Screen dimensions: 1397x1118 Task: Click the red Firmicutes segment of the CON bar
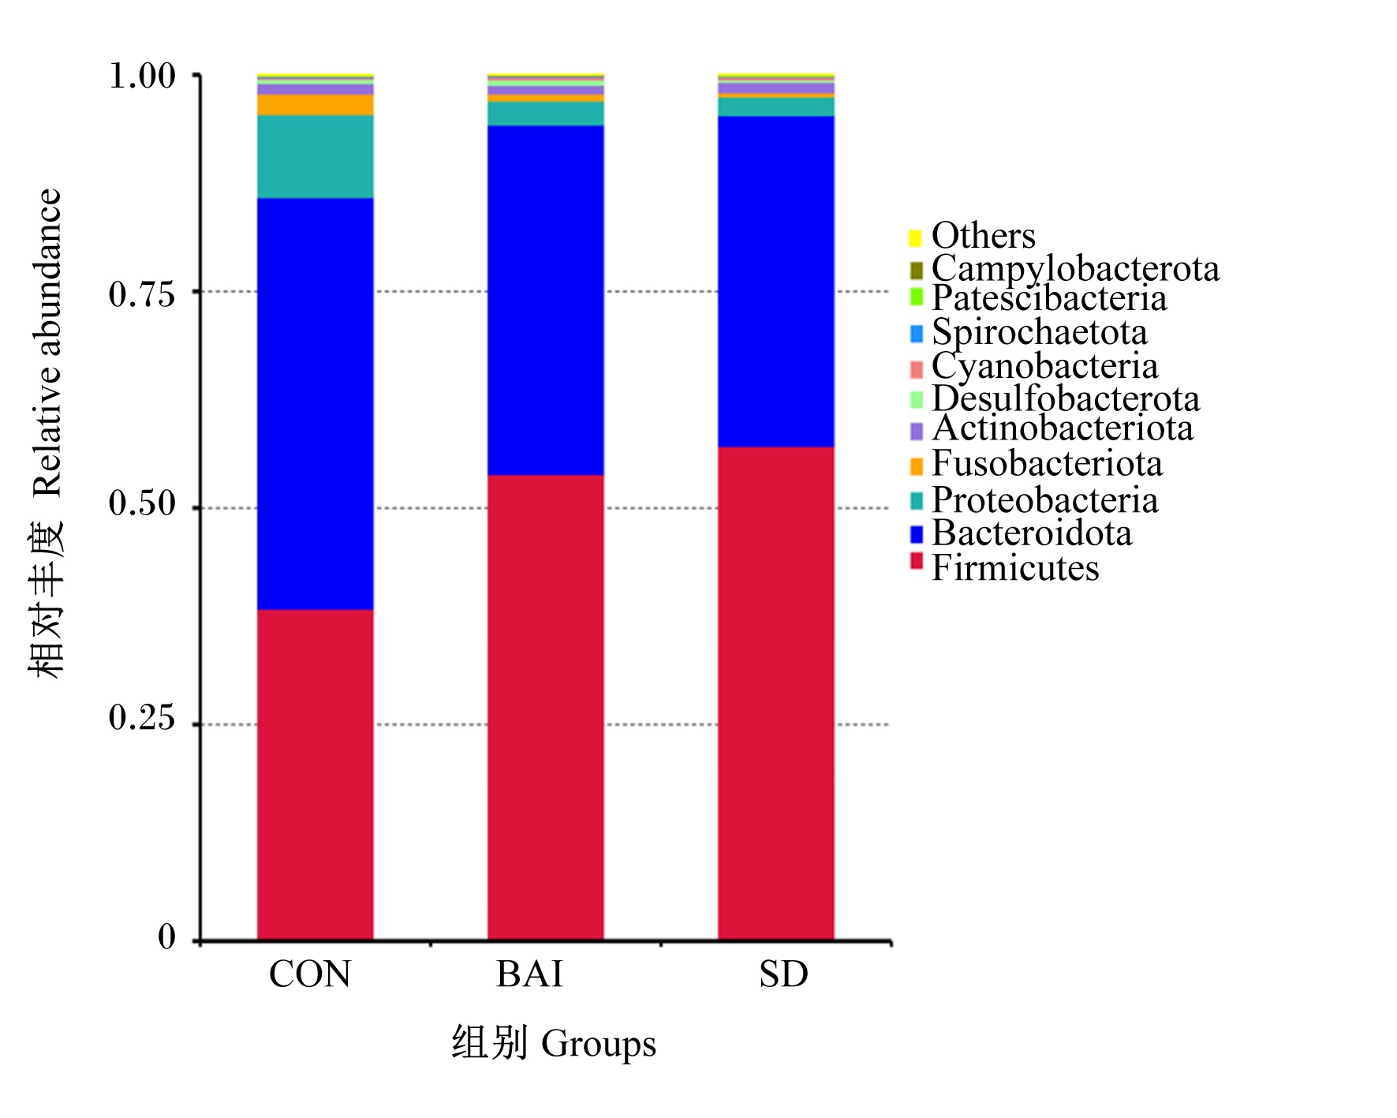tap(315, 774)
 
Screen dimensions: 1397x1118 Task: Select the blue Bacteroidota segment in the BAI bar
tap(545, 300)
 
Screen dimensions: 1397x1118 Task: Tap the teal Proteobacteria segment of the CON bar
tap(315, 156)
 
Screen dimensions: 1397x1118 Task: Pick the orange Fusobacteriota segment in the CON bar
tap(315, 105)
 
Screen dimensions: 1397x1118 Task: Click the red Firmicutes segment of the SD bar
tap(775, 694)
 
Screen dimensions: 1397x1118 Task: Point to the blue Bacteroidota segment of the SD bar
tap(775, 282)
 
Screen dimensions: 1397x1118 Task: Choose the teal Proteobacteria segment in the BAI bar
tap(545, 114)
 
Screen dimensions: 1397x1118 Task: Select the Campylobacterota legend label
tap(1075, 268)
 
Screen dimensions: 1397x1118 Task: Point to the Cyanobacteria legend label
tap(1044, 366)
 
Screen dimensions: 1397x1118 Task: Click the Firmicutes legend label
tap(1015, 568)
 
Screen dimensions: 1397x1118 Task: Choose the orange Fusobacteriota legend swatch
tap(916, 466)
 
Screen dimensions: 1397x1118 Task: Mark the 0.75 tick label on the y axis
tap(142, 294)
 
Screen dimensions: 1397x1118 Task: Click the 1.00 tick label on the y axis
tap(142, 76)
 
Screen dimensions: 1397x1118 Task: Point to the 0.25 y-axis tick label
tap(142, 718)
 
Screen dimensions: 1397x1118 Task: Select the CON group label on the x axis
tap(310, 974)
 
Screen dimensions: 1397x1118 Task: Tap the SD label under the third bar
tap(783, 974)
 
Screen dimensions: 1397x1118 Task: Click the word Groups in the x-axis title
tap(599, 1045)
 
